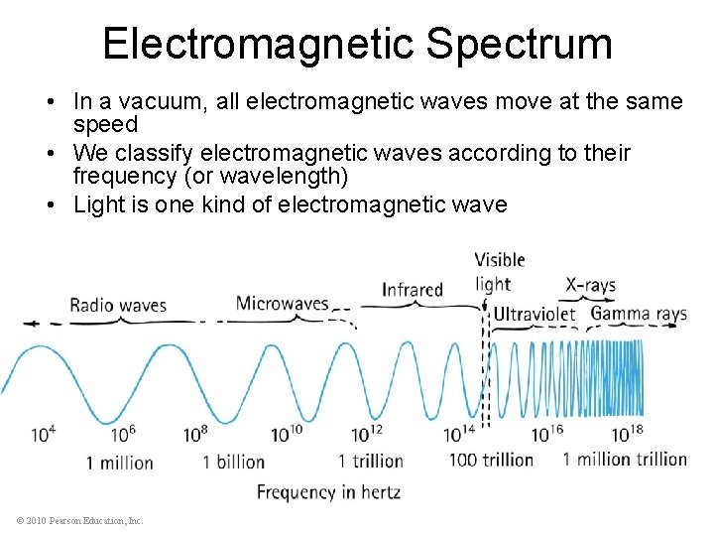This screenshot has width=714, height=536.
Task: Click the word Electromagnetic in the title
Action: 259,44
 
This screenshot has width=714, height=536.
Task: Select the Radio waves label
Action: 118,305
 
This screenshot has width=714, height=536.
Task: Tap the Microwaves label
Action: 282,303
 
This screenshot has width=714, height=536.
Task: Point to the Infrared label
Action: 413,290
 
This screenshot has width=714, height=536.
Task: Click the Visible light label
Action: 500,272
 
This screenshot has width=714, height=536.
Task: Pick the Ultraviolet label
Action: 535,314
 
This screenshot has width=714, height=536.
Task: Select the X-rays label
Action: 590,285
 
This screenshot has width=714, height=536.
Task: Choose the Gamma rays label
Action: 639,314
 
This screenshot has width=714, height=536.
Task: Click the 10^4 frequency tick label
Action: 43,434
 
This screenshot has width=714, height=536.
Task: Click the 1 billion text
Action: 234,462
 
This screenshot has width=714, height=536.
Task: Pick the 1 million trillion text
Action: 625,459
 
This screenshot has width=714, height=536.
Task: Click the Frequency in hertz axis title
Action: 328,491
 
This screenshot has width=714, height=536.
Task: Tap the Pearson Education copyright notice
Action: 80,520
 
